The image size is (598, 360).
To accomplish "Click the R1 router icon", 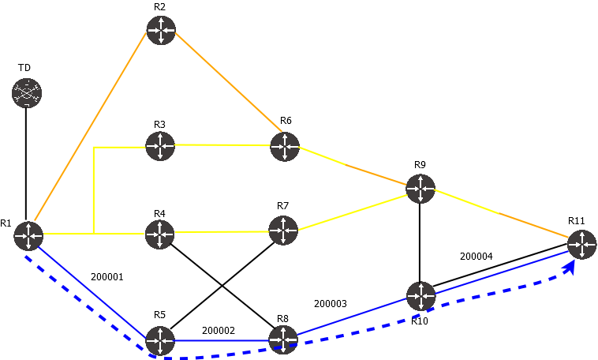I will (28, 234).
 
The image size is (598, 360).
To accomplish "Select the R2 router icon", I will (160, 30).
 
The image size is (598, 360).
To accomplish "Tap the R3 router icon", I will (160, 145).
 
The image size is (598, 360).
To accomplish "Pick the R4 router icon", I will (160, 233).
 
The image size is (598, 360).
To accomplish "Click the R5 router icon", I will (160, 341).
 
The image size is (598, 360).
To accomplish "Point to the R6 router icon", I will (285, 146).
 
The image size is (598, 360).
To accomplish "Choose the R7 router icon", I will (283, 231).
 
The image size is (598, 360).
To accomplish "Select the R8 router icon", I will (283, 340).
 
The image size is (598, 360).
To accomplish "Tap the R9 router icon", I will (420, 188).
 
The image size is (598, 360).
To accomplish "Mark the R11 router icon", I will (581, 245).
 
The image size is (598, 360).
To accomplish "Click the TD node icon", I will (26, 93).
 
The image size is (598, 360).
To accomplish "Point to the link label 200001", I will (107, 277).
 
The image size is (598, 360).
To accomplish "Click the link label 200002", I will (219, 331).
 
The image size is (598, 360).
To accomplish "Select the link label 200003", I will (331, 303).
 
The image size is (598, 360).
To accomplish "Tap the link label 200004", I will (476, 257).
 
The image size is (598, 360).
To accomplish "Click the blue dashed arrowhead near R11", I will (569, 268).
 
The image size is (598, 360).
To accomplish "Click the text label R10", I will (419, 321).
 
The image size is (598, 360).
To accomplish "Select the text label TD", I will (24, 68).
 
